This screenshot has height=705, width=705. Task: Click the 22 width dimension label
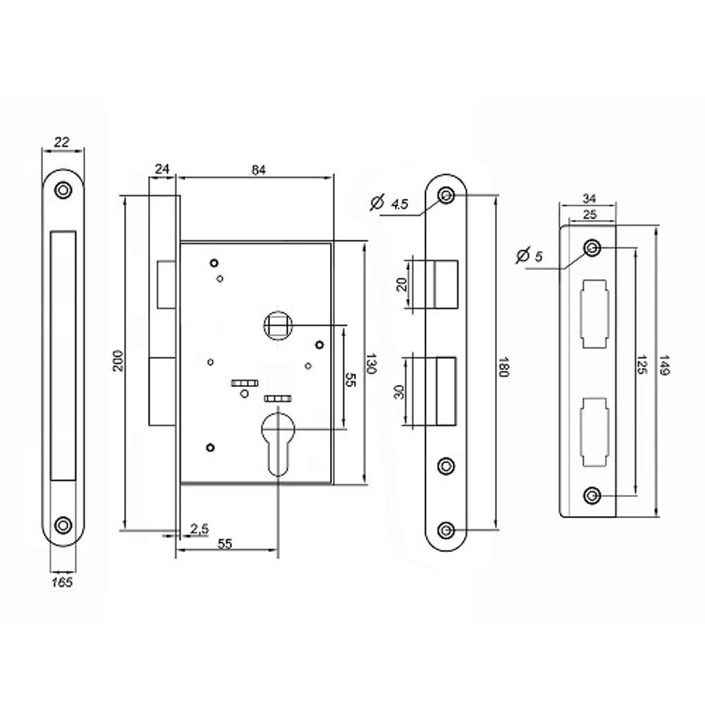coord(62,142)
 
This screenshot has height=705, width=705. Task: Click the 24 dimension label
coord(162,168)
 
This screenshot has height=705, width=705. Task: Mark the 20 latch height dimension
coord(402,284)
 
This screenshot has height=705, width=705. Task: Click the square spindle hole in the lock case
coord(276,325)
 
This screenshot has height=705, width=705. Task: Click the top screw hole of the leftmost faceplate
coord(64,190)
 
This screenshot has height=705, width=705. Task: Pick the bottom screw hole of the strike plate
coord(592,496)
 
